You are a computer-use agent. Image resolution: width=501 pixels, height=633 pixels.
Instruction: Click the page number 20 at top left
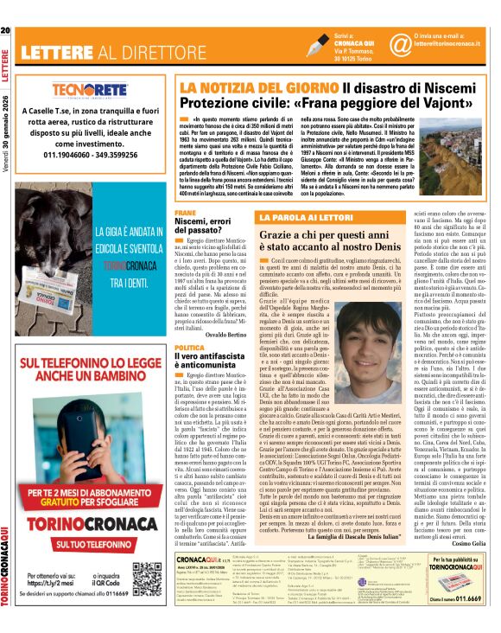click(6, 33)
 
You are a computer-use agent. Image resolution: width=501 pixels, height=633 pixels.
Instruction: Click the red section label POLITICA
click(188, 347)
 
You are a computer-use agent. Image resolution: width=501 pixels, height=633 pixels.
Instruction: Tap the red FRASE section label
click(185, 212)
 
